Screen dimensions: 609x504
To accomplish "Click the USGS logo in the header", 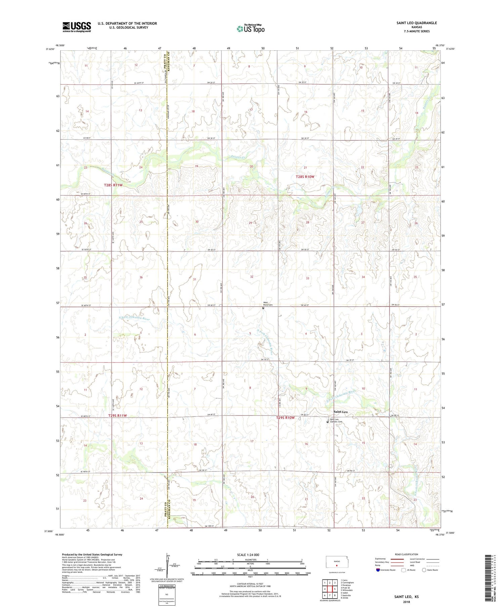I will (x=77, y=27).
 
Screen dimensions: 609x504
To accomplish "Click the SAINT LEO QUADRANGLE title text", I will (x=416, y=23).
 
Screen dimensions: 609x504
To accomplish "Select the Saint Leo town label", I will (x=340, y=411).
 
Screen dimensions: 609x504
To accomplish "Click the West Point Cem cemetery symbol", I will (x=263, y=308).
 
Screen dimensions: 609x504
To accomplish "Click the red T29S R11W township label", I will (x=118, y=416).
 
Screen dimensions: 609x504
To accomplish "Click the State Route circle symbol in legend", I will (x=424, y=570).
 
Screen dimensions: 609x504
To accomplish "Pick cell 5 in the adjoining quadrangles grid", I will (x=335, y=589).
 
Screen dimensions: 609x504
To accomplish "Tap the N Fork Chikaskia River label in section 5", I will (x=268, y=342).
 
